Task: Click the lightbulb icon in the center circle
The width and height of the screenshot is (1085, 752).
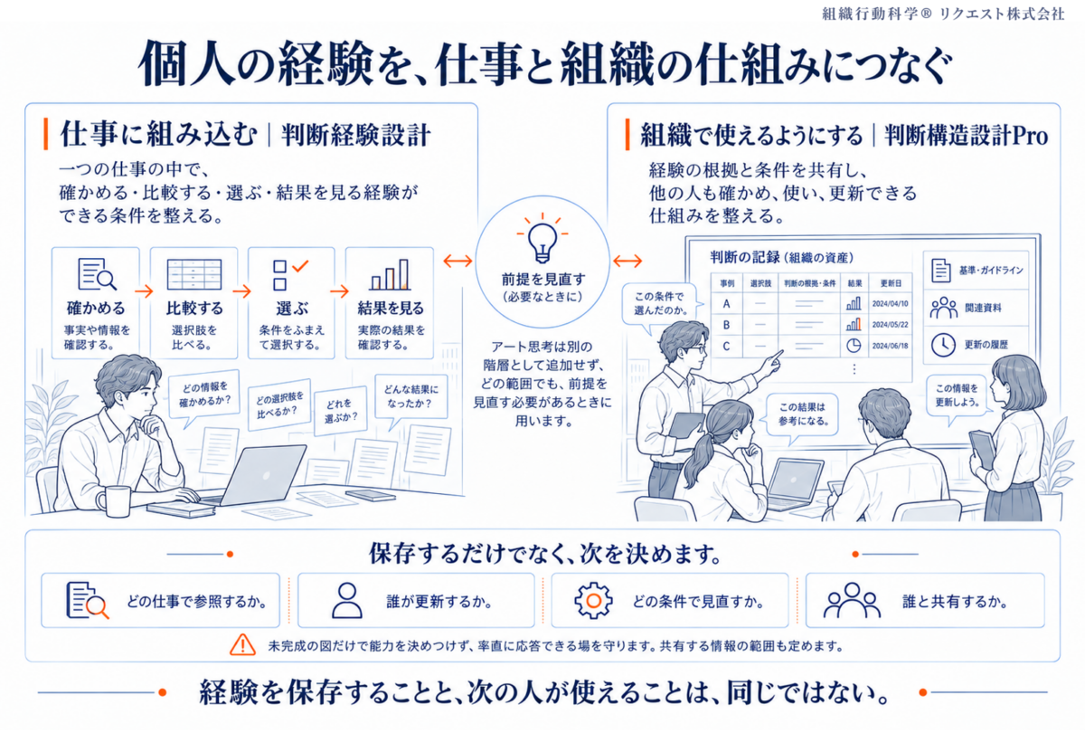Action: [x=542, y=240]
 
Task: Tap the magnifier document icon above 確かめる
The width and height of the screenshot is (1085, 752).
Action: [x=97, y=274]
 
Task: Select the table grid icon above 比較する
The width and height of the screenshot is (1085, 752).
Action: [x=194, y=274]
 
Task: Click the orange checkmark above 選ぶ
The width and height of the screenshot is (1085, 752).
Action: [x=300, y=266]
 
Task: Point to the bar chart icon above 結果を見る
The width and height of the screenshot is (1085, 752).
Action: [x=390, y=274]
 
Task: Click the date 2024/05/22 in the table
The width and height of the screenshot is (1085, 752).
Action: [x=890, y=325]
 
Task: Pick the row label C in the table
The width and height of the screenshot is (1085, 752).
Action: [x=726, y=347]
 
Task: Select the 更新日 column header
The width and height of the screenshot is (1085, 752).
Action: [x=891, y=283]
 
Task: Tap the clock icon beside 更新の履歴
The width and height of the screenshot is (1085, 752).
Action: [x=943, y=345]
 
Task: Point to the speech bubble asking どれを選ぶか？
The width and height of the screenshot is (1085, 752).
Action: [x=341, y=411]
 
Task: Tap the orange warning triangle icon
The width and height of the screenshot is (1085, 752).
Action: [x=242, y=645]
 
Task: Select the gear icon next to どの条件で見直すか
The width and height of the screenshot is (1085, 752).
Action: [x=593, y=600]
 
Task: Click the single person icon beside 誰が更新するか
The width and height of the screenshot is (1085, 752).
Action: [x=347, y=600]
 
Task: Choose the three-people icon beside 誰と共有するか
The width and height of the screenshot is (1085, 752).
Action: [x=852, y=600]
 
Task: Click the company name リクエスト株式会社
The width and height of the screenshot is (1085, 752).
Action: [x=1002, y=14]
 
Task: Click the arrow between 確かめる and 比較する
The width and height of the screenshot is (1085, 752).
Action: [x=144, y=290]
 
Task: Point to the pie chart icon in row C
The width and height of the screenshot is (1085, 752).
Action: [x=854, y=346]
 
